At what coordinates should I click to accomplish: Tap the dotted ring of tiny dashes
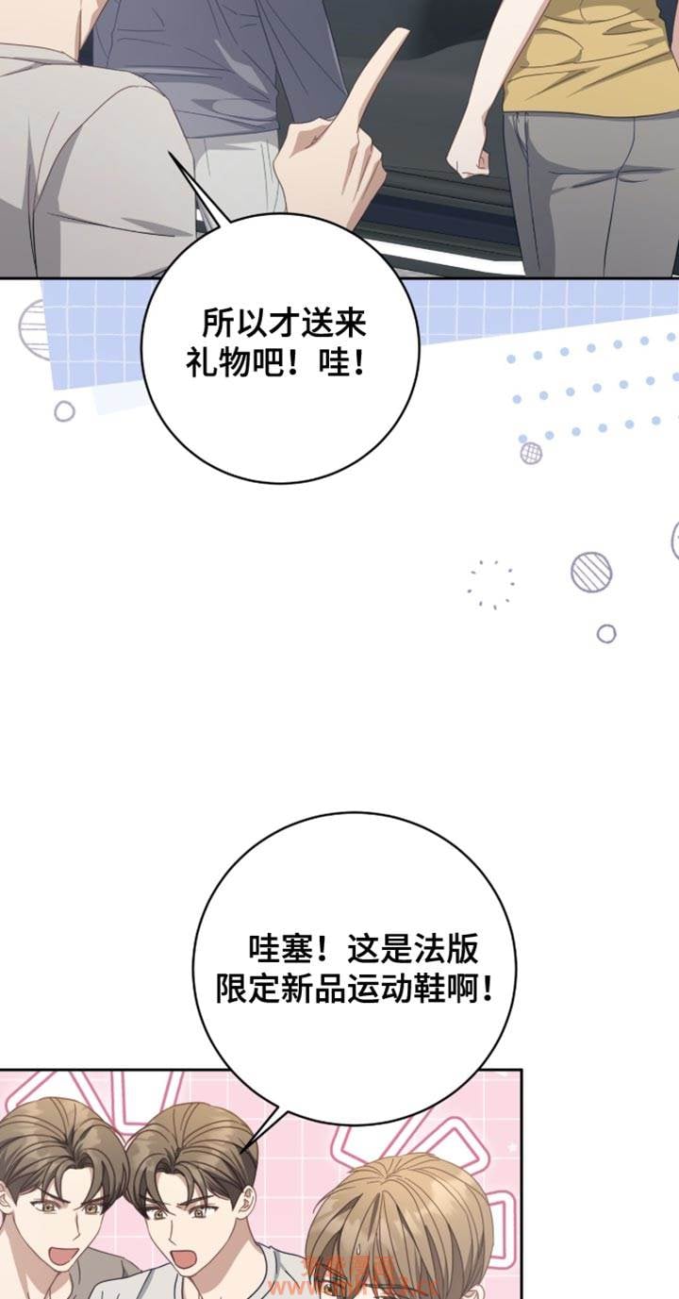pos(490,584)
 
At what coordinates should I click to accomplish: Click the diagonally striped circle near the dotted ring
pos(591,572)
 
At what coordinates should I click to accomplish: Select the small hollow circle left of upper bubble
pos(64,410)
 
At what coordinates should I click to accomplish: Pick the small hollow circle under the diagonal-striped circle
pos(606,633)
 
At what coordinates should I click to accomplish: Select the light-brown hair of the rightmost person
pos(406,1207)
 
